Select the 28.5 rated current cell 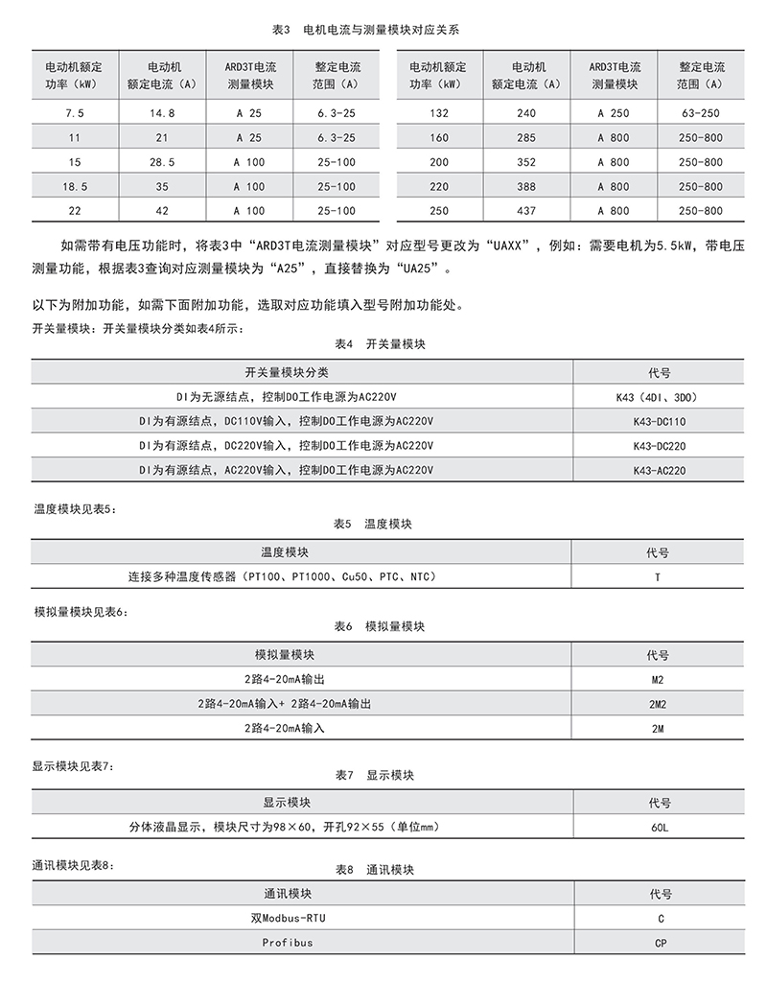(x=160, y=162)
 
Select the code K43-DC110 (x=660, y=421)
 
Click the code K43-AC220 (x=660, y=471)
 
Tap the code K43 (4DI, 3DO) (x=660, y=396)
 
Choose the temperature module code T (x=658, y=577)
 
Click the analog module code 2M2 (x=658, y=704)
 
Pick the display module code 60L (x=659, y=828)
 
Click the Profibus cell (x=288, y=943)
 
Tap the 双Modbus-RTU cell (x=288, y=918)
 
